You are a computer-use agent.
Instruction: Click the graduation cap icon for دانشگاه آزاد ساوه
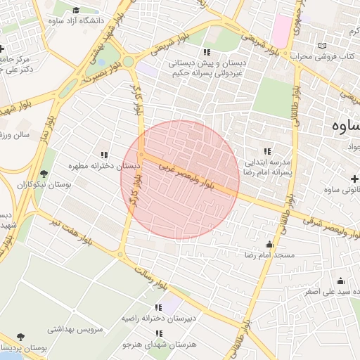pyautogui.click(x=76, y=10)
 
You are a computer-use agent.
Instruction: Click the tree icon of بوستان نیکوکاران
pyautogui.click(x=44, y=174)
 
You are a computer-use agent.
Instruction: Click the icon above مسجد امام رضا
pyautogui.click(x=269, y=244)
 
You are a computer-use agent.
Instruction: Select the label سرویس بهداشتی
pyautogui.click(x=75, y=328)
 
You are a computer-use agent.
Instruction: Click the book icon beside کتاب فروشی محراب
pyautogui.click(x=321, y=46)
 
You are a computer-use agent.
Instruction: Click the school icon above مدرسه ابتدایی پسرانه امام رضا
pyautogui.click(x=266, y=151)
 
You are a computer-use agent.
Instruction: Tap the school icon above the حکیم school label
pyautogui.click(x=206, y=52)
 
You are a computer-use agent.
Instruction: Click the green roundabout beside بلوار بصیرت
pyautogui.click(x=128, y=62)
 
